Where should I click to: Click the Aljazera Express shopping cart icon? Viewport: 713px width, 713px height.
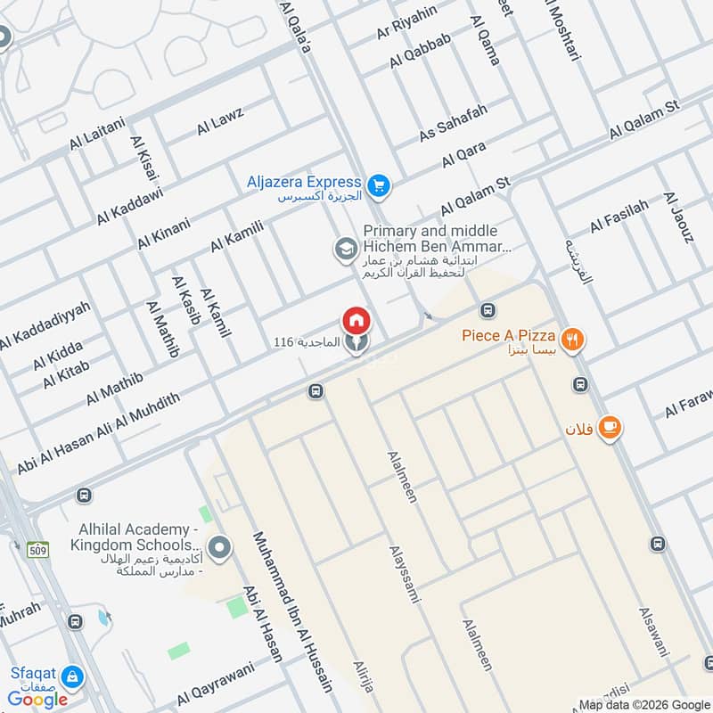tap(380, 185)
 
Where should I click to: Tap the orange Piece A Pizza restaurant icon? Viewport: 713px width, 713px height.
tap(572, 338)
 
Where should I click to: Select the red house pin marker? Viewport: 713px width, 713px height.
tap(356, 320)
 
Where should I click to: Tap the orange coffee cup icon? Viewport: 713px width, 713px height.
tap(610, 428)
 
